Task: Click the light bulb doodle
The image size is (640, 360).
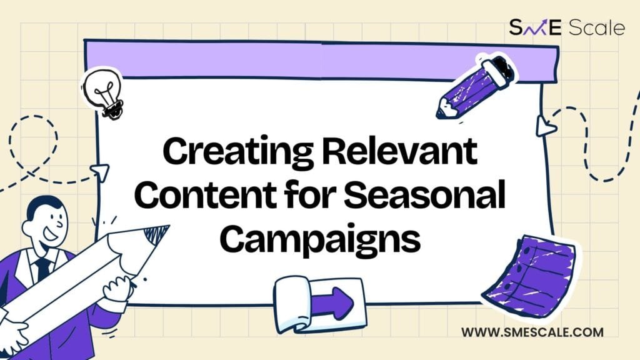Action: coord(102,94)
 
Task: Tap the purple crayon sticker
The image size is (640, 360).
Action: coord(476,87)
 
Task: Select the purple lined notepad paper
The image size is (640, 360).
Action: coord(531,276)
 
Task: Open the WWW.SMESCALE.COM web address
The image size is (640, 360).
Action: coord(532,332)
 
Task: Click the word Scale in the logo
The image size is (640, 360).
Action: coord(596,27)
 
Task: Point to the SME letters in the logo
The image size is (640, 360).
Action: coord(536,27)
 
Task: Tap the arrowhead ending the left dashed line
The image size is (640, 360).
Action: coord(101,172)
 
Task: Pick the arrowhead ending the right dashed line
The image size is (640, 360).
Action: coord(545,126)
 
